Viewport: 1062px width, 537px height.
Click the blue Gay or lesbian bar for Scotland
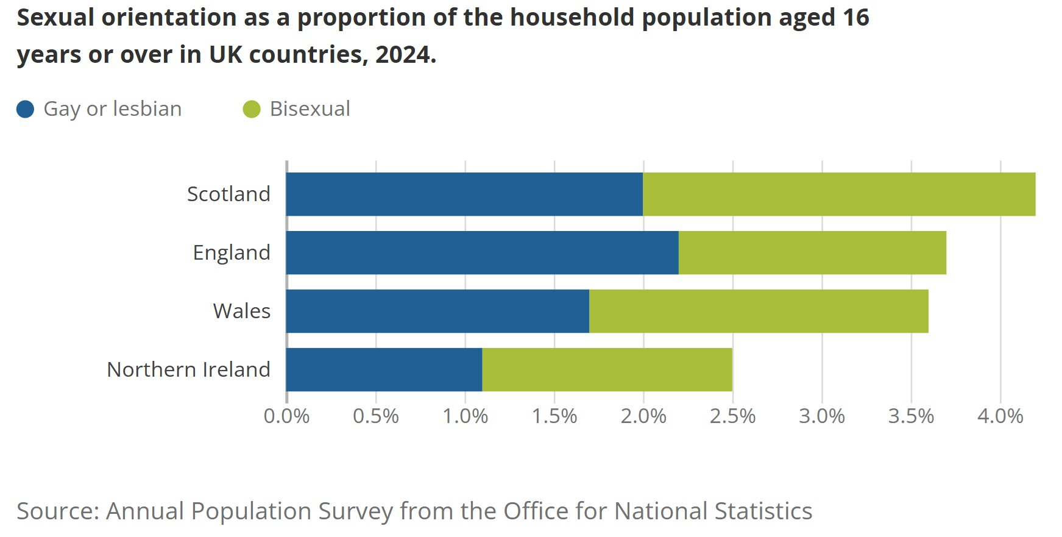(464, 194)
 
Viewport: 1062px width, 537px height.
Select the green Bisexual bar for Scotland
(839, 194)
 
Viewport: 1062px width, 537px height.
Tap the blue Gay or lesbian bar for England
(482, 252)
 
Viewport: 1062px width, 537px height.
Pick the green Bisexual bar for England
(812, 252)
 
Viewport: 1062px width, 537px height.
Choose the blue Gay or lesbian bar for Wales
(437, 311)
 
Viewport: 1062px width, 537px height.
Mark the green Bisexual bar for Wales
(759, 311)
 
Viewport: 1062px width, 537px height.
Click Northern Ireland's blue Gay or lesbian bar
(384, 369)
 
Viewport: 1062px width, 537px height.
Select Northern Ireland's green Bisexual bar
(607, 369)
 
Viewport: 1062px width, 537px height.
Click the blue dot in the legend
(25, 109)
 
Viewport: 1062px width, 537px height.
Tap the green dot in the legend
(252, 109)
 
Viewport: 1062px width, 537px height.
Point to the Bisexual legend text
(310, 109)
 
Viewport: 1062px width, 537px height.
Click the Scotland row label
(228, 194)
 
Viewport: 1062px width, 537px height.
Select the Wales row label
(241, 311)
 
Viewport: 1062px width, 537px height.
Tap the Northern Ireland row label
(188, 369)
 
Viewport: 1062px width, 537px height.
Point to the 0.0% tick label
(286, 416)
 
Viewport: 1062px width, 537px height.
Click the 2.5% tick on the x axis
(732, 416)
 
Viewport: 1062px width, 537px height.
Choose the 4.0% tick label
(1000, 416)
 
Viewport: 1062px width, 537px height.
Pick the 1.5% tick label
(554, 416)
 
